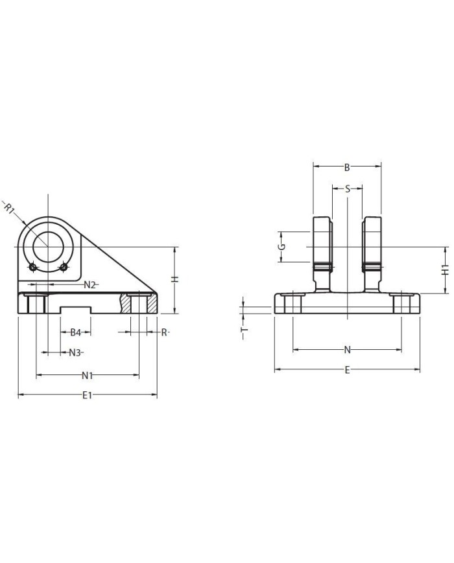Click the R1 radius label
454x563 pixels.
point(8,208)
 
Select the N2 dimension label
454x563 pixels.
point(90,284)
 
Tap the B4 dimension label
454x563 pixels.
point(75,332)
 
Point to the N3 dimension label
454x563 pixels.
point(75,352)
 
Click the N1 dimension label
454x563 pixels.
point(87,376)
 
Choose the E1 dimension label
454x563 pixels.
point(88,395)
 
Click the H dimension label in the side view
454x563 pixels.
point(174,279)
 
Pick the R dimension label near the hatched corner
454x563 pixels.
point(164,332)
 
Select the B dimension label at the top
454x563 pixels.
point(347,167)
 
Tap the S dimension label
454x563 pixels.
point(347,189)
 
